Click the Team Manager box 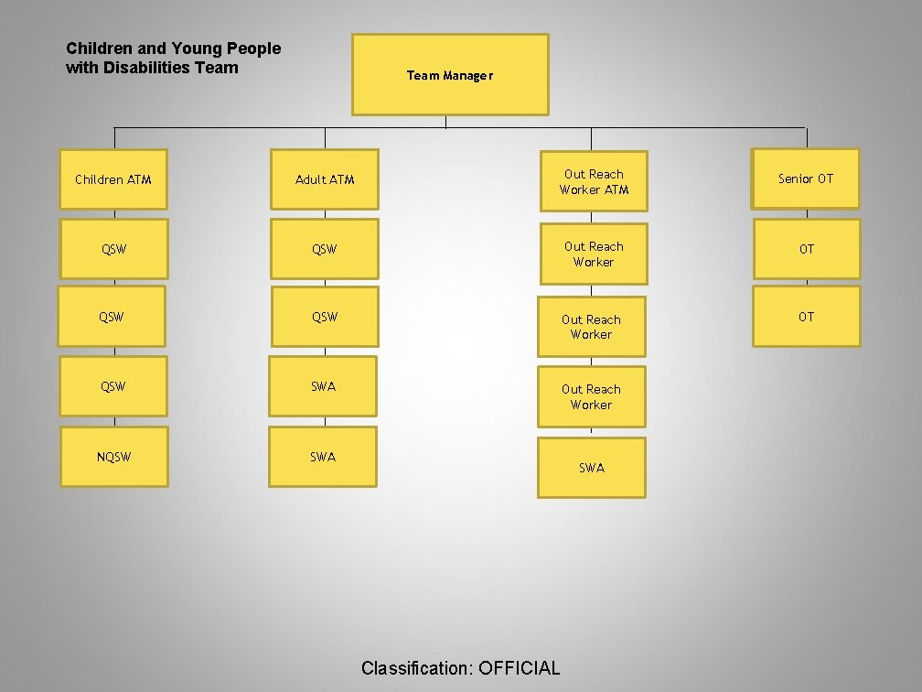point(450,75)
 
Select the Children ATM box point(113,179)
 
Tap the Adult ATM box point(325,179)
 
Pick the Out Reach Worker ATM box point(594,181)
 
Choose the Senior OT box point(806,178)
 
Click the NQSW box point(113,457)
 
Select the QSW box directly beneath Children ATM point(113,248)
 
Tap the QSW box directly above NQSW point(113,386)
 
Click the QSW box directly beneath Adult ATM point(325,248)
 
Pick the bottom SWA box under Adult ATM point(323,457)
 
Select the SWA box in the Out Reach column point(592,468)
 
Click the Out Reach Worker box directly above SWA point(591,396)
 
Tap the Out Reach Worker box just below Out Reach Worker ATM point(594,254)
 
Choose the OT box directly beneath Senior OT point(806,248)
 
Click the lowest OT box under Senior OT point(806,317)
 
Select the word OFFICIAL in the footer point(519,668)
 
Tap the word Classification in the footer point(415,668)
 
